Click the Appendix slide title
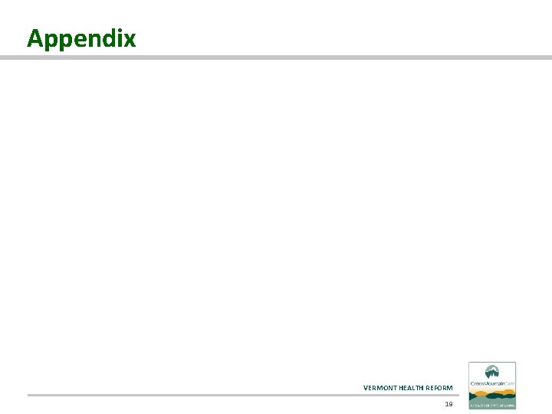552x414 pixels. coord(81,38)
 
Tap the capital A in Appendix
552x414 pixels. coord(34,38)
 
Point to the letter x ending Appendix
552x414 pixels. coord(130,39)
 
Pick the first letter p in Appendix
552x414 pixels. coord(48,41)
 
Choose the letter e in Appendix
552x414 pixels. coord(77,39)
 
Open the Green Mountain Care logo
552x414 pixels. coord(492,385)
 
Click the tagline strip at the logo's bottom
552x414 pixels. coord(492,402)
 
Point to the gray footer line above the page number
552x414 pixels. coord(242,395)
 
